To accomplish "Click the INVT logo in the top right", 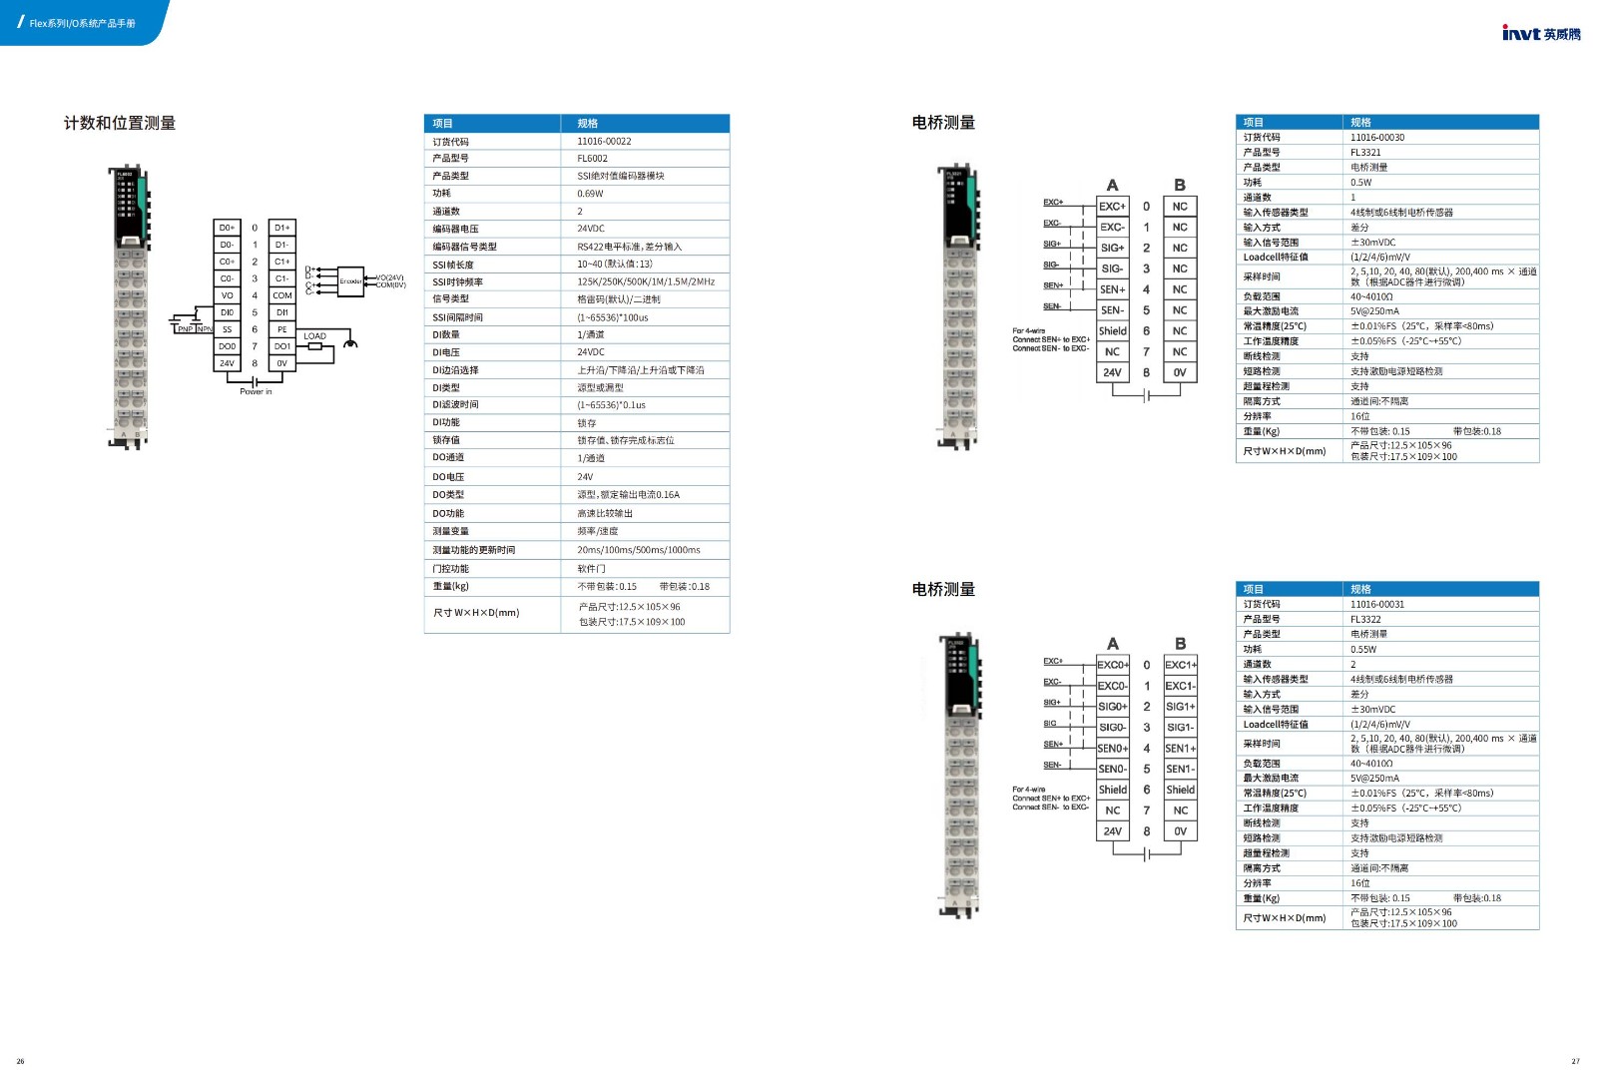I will pyautogui.click(x=1540, y=33).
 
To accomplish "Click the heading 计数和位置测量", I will pyautogui.click(x=120, y=123).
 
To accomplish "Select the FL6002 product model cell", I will pyautogui.click(x=592, y=159).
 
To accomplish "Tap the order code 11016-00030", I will pyautogui.click(x=1377, y=138).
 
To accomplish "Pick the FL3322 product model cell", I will pyautogui.click(x=1365, y=619).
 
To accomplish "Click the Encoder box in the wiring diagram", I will pyautogui.click(x=350, y=281).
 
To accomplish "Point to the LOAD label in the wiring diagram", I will pyautogui.click(x=314, y=336).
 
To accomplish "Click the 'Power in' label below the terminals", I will pyautogui.click(x=256, y=391).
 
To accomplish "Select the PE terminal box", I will pyautogui.click(x=282, y=329).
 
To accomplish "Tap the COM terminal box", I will pyautogui.click(x=282, y=295).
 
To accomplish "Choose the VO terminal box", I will pyautogui.click(x=227, y=295).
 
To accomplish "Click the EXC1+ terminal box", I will pyautogui.click(x=1181, y=665).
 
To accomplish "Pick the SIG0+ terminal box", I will pyautogui.click(x=1113, y=707).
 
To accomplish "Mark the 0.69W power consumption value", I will pyautogui.click(x=590, y=194).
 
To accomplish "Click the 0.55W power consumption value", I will pyautogui.click(x=1363, y=649).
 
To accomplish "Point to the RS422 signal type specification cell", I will pyautogui.click(x=629, y=247).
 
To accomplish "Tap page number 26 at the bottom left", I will pyautogui.click(x=20, y=1061).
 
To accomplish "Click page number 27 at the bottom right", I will pyautogui.click(x=1576, y=1061).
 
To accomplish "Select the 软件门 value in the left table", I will pyautogui.click(x=591, y=569).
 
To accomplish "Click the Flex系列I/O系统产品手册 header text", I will pyautogui.click(x=82, y=23).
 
